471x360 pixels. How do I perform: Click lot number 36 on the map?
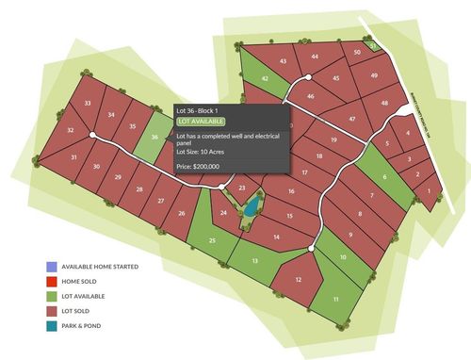tap(154, 138)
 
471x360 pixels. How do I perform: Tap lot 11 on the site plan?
tap(335, 300)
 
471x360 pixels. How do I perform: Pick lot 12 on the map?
tap(299, 281)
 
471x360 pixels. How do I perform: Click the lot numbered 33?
tap(88, 102)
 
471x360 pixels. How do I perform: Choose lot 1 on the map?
tap(430, 191)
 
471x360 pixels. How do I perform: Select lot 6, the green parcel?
tap(384, 177)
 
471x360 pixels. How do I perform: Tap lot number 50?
tap(357, 53)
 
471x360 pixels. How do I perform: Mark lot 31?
tap(73, 158)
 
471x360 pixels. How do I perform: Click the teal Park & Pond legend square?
tap(51, 327)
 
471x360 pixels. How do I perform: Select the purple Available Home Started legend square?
tap(51, 267)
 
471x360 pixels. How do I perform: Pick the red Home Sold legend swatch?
tap(51, 282)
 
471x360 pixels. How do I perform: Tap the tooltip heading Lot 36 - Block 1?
tap(203, 110)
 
